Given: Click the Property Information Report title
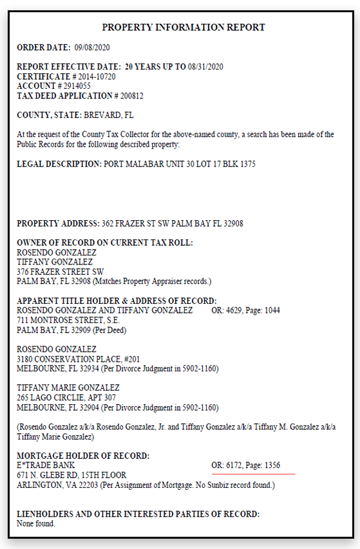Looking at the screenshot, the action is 184,28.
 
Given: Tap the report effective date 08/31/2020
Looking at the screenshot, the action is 207,67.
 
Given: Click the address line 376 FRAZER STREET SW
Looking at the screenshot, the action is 60,272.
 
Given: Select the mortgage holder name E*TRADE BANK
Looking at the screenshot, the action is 46,465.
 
